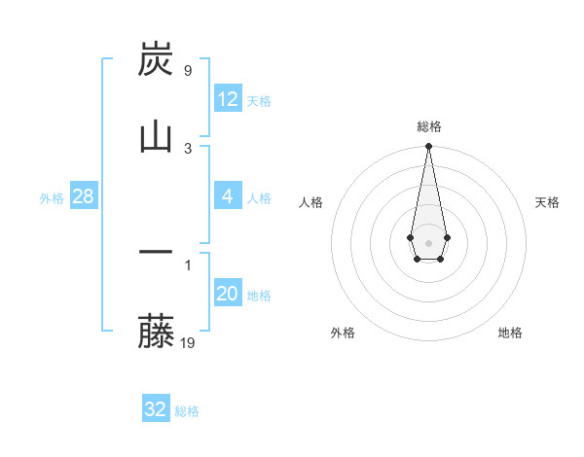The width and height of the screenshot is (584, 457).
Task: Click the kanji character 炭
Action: click(x=157, y=59)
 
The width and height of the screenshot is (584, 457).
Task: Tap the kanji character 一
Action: click(x=157, y=253)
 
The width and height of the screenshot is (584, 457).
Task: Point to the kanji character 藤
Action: click(x=157, y=331)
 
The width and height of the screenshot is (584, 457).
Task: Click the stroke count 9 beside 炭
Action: click(x=187, y=71)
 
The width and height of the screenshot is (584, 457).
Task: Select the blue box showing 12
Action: click(x=227, y=99)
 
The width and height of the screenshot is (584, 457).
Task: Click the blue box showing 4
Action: click(x=227, y=196)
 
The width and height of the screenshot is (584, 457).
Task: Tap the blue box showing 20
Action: click(x=227, y=294)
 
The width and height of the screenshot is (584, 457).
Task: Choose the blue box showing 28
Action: click(x=83, y=196)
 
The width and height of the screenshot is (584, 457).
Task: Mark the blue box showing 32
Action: click(x=155, y=409)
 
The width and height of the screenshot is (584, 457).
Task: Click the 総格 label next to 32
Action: click(x=187, y=411)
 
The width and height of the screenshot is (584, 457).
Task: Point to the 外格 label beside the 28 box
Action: click(x=52, y=198)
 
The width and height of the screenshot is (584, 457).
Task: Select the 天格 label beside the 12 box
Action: click(x=259, y=101)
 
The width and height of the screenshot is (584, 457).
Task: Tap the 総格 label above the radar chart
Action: click(x=429, y=126)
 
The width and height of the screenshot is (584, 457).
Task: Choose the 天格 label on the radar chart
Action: click(x=547, y=202)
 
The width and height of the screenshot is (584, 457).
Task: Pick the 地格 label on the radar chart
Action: click(x=510, y=333)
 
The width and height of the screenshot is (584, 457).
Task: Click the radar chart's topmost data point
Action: click(x=428, y=147)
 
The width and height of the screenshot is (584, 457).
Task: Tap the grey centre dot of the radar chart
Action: click(x=428, y=241)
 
